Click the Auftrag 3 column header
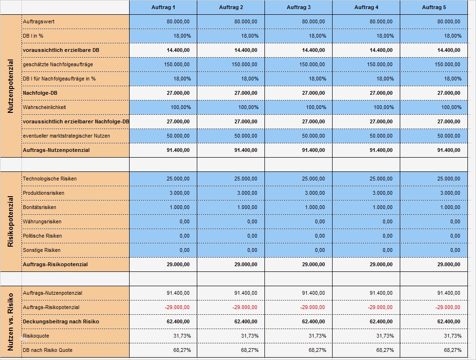point(298,7)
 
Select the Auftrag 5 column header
point(434,7)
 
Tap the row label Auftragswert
point(35,21)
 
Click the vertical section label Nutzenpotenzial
point(11,86)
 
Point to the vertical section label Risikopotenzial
point(11,221)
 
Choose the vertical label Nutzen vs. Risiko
point(11,321)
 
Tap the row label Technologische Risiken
point(50,179)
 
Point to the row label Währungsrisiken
point(42,221)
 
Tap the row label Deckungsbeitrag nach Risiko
point(61,321)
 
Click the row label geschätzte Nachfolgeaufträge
point(58,64)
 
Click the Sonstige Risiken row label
point(41,250)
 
